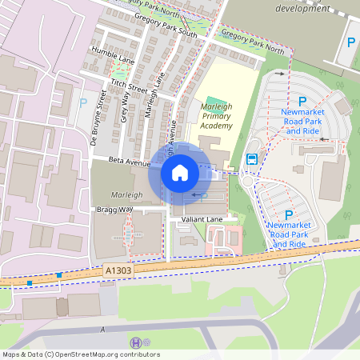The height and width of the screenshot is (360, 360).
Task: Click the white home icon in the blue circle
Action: tap(180, 172)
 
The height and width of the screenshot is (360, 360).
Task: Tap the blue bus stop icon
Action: tap(251, 158)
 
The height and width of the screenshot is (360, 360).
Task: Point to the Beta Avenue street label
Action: tap(130, 163)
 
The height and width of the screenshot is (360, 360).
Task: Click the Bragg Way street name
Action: tap(114, 209)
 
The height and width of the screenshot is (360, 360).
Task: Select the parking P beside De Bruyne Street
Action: tap(82, 102)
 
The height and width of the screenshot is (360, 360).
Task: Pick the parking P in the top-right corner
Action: tap(350, 42)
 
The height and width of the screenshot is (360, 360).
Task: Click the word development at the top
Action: tap(302, 7)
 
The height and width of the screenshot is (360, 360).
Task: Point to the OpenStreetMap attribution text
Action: tap(81, 354)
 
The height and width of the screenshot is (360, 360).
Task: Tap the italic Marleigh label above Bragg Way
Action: tap(126, 194)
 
